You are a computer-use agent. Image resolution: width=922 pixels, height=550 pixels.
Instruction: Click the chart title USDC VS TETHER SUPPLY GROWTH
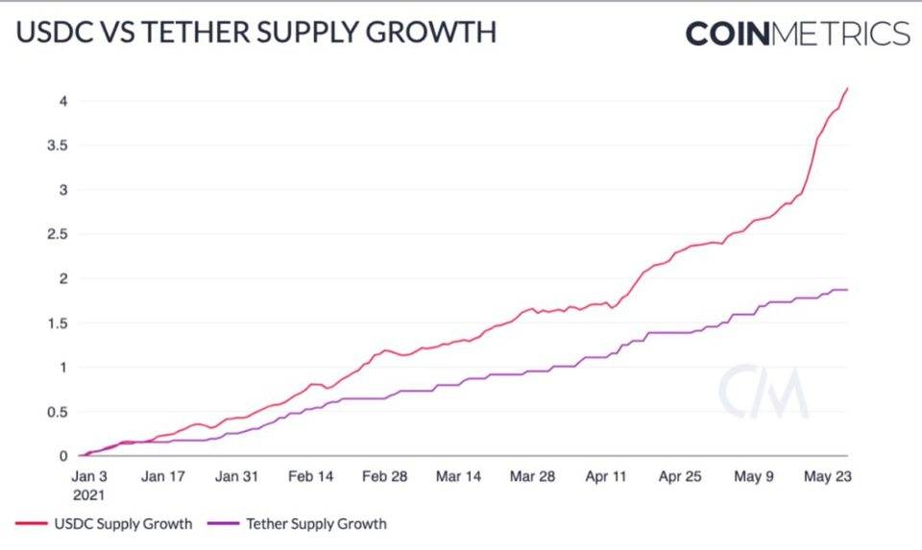pyautogui.click(x=256, y=33)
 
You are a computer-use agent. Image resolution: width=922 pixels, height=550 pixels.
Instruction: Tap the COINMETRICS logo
pyautogui.click(x=797, y=34)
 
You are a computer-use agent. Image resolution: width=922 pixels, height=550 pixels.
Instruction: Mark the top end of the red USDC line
pyautogui.click(x=847, y=88)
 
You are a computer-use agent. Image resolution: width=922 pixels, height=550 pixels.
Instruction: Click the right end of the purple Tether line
pyautogui.click(x=847, y=289)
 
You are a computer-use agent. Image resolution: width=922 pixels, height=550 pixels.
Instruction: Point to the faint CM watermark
pyautogui.click(x=764, y=392)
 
